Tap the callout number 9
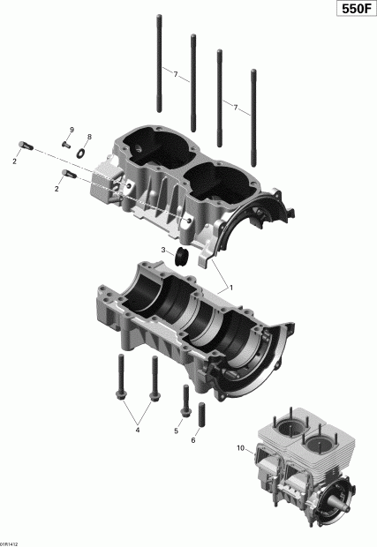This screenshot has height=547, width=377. click(72, 130)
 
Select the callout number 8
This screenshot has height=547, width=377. click(88, 137)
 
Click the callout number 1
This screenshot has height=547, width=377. click(231, 288)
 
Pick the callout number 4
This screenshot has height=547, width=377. click(136, 431)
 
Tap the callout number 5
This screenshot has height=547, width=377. click(177, 431)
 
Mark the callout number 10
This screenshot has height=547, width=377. click(238, 449)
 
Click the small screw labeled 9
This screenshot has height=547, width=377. click(66, 142)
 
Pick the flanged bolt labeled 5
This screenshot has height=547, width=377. click(185, 402)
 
